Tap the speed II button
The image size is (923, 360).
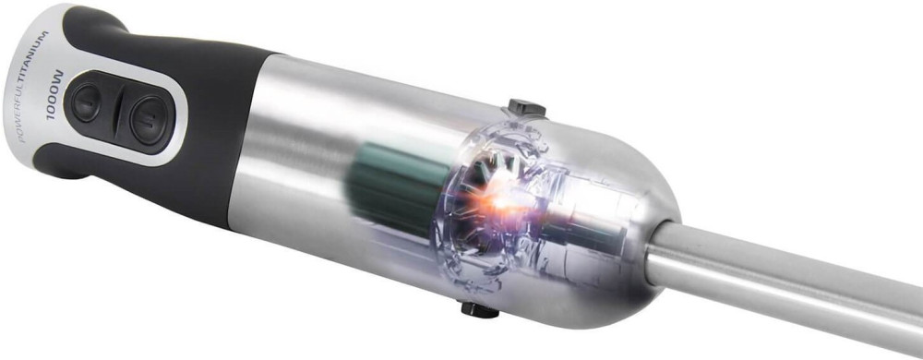pos(148,120)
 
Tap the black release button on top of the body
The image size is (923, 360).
pos(527,108)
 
